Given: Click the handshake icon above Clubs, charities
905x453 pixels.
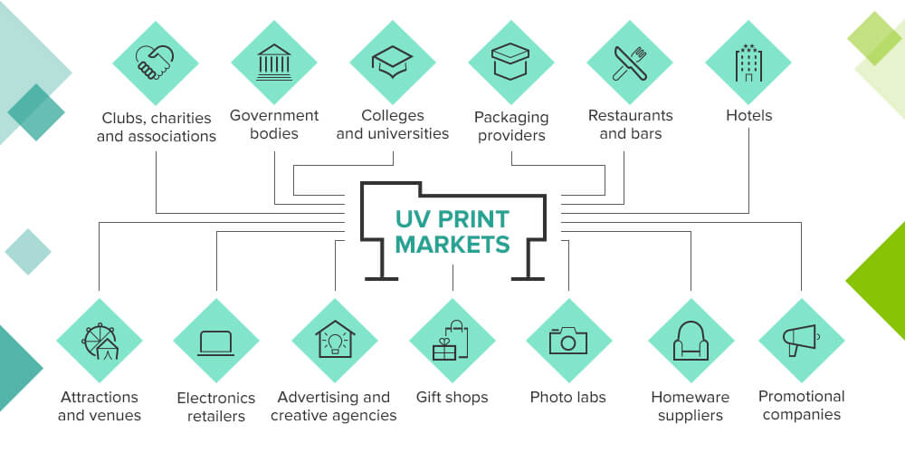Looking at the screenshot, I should pyautogui.click(x=155, y=63).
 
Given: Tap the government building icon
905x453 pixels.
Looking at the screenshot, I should pyautogui.click(x=274, y=63).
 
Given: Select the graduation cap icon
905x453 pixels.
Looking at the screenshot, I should pyautogui.click(x=393, y=63).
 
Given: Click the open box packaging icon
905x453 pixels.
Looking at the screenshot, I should pyautogui.click(x=511, y=63).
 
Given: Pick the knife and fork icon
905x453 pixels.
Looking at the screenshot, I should pyautogui.click(x=630, y=63).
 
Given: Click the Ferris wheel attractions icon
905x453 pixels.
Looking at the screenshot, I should pyautogui.click(x=99, y=341).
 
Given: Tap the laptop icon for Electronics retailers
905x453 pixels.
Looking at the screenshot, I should pyautogui.click(x=216, y=342).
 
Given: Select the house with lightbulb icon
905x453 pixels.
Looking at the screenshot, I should pyautogui.click(x=335, y=341).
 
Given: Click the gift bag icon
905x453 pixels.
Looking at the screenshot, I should pyautogui.click(x=452, y=341).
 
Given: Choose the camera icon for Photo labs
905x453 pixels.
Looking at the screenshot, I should pyautogui.click(x=568, y=341).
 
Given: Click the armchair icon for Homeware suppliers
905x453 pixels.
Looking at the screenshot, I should pyautogui.click(x=691, y=341).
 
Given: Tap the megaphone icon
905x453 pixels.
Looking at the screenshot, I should pyautogui.click(x=801, y=341).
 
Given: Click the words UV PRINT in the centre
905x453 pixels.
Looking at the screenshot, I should pyautogui.click(x=452, y=219).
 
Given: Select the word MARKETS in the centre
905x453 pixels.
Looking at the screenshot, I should pyautogui.click(x=452, y=244).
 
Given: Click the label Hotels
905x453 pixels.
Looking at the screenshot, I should pyautogui.click(x=748, y=116).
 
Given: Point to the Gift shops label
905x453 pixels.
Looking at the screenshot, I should pyautogui.click(x=452, y=397).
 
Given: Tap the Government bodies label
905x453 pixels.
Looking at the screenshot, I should pyautogui.click(x=274, y=124).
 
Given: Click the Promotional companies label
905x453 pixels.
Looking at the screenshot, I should pyautogui.click(x=801, y=405).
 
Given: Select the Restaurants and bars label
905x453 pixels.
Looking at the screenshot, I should pyautogui.click(x=630, y=124).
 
